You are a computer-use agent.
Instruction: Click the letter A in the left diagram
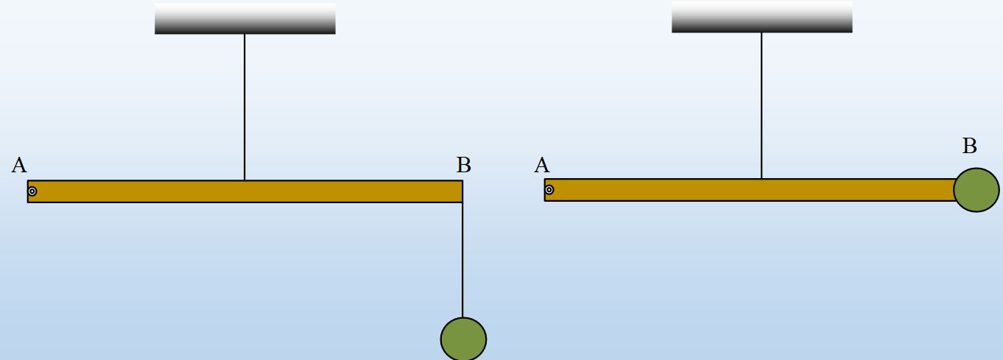19,165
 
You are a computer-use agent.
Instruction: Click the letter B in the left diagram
463,165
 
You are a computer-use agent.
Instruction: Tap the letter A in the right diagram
542,165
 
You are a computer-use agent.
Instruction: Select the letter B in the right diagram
969,147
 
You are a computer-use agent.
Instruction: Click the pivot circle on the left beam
32,191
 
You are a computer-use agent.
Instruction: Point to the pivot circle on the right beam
549,190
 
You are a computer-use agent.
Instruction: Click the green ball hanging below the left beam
463,339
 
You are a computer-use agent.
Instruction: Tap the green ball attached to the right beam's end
976,190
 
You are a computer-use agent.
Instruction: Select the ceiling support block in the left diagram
244,18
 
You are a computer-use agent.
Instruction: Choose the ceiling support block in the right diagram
761,17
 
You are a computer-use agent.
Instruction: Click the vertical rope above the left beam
244,107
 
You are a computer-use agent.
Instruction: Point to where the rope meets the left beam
244,180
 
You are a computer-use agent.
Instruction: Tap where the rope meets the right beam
761,179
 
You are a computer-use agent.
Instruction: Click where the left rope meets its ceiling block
244,34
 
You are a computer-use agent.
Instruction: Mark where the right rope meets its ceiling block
761,32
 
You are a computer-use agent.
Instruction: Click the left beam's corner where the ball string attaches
462,202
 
